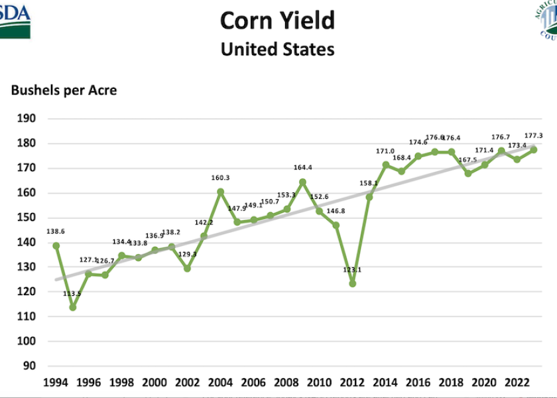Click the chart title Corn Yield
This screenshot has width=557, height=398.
(277, 21)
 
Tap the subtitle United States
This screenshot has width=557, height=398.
(277, 49)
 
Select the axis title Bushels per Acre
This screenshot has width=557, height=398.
(64, 90)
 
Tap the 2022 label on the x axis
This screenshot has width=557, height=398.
(515, 383)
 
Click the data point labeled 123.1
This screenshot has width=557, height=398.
(353, 283)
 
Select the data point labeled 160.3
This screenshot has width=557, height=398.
(221, 192)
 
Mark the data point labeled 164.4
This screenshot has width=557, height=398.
(302, 182)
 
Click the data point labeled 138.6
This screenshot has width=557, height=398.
(56, 245)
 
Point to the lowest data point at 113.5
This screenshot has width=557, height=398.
(73, 307)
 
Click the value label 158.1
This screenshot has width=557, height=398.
(368, 183)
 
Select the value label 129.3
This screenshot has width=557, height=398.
(188, 254)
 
